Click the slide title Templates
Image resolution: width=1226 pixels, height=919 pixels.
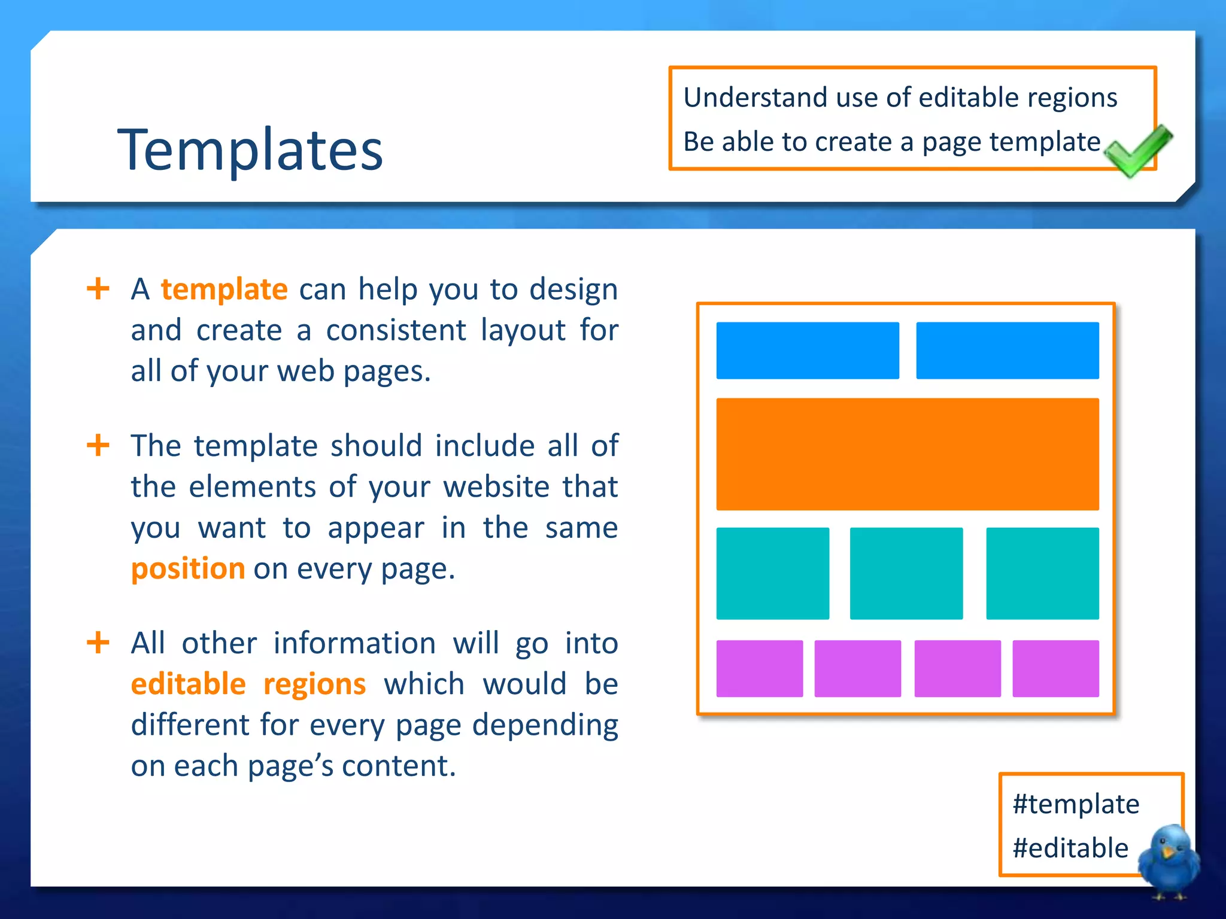pyautogui.click(x=250, y=150)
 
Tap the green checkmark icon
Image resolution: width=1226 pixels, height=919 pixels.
pyautogui.click(x=1137, y=151)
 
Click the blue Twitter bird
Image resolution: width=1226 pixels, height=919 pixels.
pyautogui.click(x=1169, y=860)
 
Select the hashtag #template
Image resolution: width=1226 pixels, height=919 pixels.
pyautogui.click(x=1076, y=804)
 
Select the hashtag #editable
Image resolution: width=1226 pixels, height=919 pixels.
pyautogui.click(x=1070, y=848)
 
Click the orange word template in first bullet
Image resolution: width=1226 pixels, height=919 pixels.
pyautogui.click(x=224, y=290)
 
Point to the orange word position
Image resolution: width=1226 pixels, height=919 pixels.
pyautogui.click(x=188, y=568)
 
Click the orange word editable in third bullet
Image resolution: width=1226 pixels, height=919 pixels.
pyautogui.click(x=188, y=684)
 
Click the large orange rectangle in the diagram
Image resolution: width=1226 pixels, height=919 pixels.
pyautogui.click(x=907, y=454)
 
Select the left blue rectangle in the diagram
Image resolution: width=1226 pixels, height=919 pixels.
pyautogui.click(x=808, y=351)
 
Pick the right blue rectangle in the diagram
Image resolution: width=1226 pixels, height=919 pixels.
pyautogui.click(x=1007, y=351)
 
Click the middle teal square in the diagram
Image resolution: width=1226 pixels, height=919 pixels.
pyautogui.click(x=906, y=573)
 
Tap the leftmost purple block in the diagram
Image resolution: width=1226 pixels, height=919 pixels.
pyautogui.click(x=759, y=668)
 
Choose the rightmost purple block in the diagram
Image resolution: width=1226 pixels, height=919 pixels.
pyautogui.click(x=1055, y=668)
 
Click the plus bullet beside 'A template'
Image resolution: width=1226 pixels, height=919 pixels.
pyautogui.click(x=98, y=289)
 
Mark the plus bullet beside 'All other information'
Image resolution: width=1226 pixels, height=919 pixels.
pyautogui.click(x=98, y=643)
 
